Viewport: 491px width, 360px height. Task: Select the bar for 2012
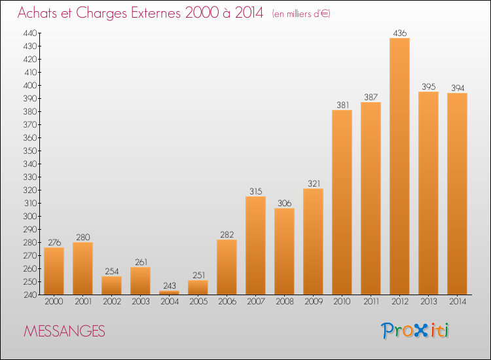click(399, 166)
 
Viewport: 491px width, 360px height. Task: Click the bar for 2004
click(169, 293)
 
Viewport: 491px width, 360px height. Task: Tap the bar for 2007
click(255, 245)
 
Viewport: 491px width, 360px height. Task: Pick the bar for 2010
click(342, 202)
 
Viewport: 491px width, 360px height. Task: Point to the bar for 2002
click(111, 285)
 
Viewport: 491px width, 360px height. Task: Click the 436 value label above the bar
click(399, 33)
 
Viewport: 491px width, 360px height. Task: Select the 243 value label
click(170, 285)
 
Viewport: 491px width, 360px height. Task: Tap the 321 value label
click(314, 183)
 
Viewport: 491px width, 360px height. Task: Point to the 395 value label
click(428, 86)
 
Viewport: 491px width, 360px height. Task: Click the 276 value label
click(54, 243)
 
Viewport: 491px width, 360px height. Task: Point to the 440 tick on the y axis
click(30, 33)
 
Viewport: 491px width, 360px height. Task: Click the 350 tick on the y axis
click(30, 151)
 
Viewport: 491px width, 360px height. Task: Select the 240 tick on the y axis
click(30, 295)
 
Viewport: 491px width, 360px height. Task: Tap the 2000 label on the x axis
click(54, 302)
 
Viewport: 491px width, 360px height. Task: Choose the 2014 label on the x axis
click(458, 302)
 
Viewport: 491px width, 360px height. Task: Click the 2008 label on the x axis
click(285, 302)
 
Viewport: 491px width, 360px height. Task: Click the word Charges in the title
click(101, 14)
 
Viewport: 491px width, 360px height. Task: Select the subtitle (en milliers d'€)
click(301, 14)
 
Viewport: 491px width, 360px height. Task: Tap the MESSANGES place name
click(65, 331)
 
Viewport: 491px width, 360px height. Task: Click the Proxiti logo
click(414, 331)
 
